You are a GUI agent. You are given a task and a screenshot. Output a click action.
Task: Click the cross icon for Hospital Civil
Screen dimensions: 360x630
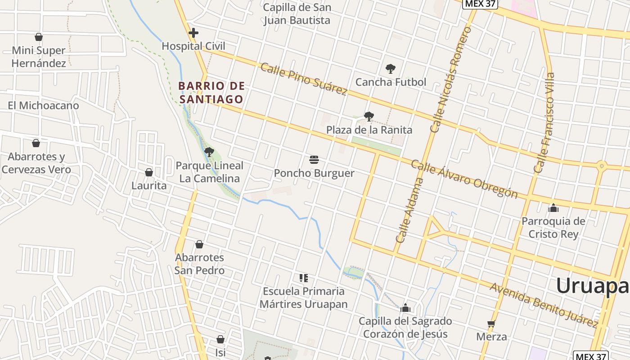pyautogui.click(x=193, y=33)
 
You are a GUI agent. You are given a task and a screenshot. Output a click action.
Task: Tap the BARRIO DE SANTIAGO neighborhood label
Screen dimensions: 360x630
pyautogui.click(x=211, y=92)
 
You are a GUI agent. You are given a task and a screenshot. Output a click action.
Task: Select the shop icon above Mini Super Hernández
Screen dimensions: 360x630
pyautogui.click(x=39, y=37)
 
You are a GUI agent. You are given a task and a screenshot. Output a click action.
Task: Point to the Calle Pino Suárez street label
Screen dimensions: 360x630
pyautogui.click(x=304, y=79)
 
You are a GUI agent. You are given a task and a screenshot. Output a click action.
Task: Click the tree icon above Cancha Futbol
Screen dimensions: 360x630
pyautogui.click(x=391, y=69)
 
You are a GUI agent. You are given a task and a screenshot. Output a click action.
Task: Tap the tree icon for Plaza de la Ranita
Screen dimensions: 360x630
pyautogui.click(x=369, y=117)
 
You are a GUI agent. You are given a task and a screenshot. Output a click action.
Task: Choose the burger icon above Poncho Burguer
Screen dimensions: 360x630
pyautogui.click(x=314, y=160)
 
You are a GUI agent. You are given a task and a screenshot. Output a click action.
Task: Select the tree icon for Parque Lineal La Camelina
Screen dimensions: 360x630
pyautogui.click(x=209, y=152)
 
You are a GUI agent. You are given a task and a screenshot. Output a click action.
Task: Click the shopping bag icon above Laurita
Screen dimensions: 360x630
pyautogui.click(x=149, y=172)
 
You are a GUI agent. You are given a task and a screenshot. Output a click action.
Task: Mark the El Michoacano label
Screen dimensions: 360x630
pyautogui.click(x=43, y=106)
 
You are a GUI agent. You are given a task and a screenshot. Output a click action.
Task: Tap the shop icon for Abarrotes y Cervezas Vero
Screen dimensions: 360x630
pyautogui.click(x=36, y=143)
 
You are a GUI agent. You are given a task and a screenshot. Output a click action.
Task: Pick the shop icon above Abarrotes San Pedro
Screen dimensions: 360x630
pyautogui.click(x=199, y=244)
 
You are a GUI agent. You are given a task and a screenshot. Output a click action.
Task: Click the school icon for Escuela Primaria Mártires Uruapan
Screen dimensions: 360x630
pyautogui.click(x=304, y=278)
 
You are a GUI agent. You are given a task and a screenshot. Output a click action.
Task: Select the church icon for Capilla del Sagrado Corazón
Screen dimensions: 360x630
pyautogui.click(x=405, y=308)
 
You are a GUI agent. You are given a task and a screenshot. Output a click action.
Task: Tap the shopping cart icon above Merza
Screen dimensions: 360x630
pyautogui.click(x=491, y=324)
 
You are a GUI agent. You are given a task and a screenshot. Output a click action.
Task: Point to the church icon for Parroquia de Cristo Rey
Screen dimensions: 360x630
pyautogui.click(x=553, y=208)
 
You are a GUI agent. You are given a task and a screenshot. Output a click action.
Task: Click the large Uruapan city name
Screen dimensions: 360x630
pyautogui.click(x=592, y=286)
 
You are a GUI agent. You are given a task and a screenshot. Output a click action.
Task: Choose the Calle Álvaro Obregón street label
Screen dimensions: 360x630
pyautogui.click(x=464, y=179)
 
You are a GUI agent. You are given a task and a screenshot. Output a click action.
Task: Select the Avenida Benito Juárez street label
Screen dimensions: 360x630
pyautogui.click(x=544, y=305)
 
